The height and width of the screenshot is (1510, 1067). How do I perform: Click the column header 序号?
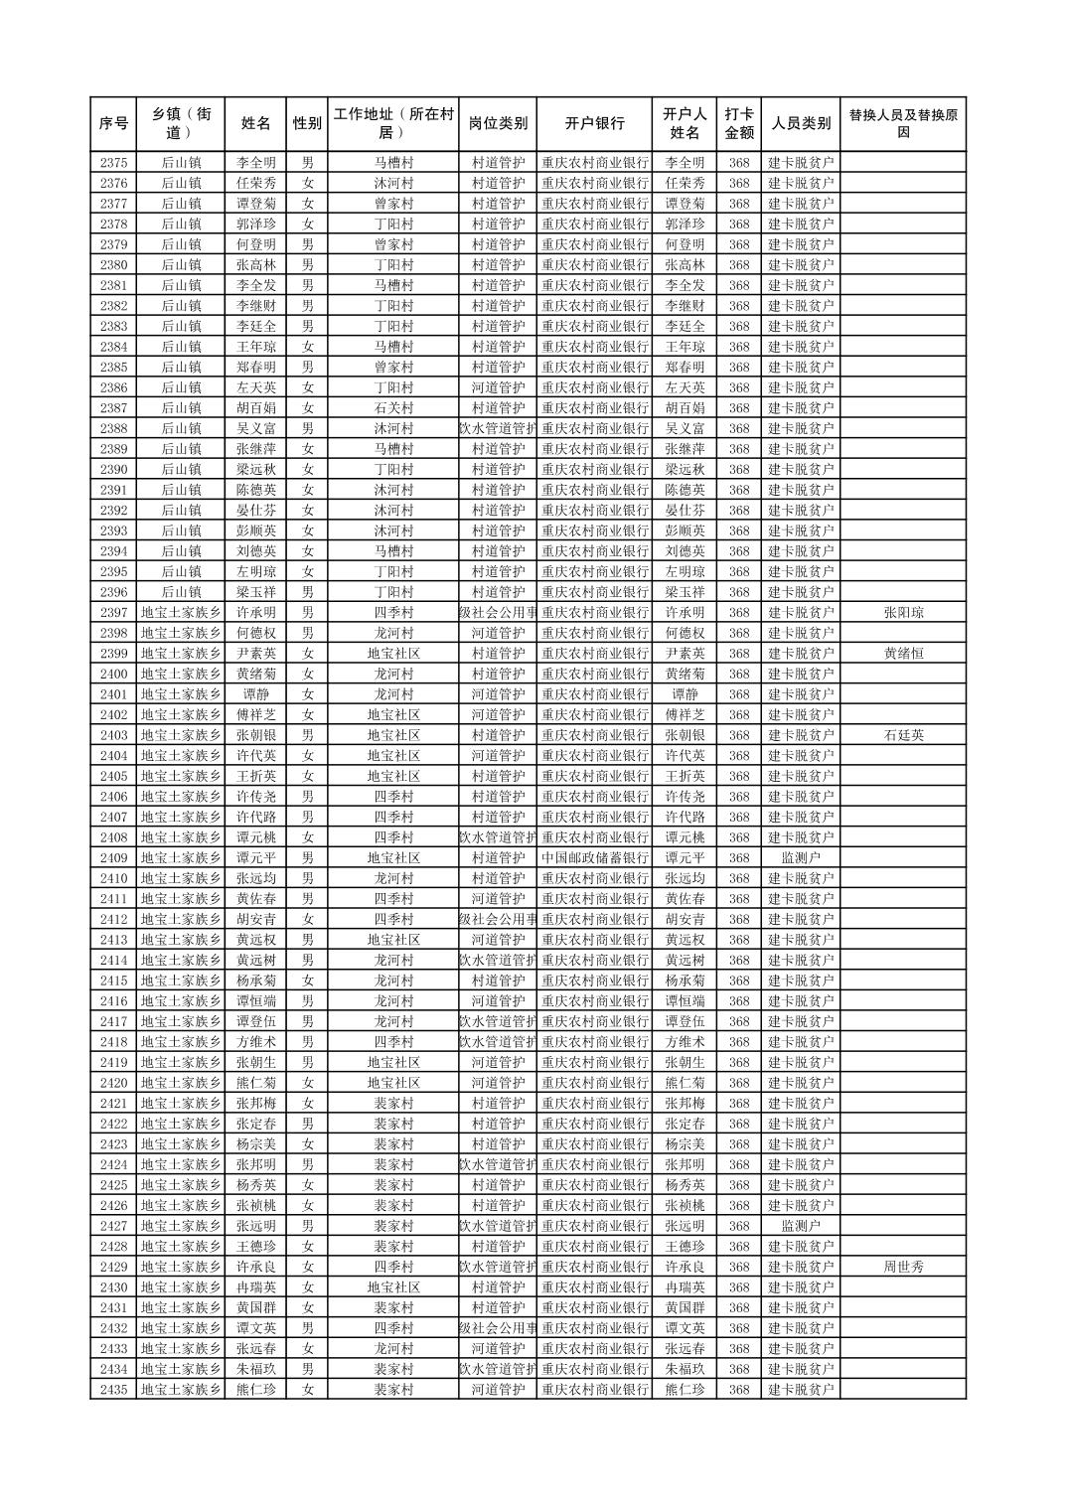point(113,124)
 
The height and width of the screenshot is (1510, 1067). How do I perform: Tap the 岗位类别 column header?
point(498,124)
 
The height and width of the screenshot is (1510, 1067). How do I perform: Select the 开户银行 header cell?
point(594,124)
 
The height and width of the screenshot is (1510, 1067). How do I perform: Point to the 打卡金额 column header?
point(738,124)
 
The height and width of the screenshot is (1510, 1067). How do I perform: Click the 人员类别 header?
point(801,124)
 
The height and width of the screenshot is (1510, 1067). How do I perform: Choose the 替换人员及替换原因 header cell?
point(902,124)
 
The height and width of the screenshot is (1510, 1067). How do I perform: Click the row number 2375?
point(113,163)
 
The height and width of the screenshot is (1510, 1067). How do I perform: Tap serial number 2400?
point(113,674)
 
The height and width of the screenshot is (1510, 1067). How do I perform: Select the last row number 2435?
point(113,1390)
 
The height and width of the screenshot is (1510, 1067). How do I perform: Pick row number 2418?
point(113,1042)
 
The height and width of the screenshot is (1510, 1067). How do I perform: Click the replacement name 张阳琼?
point(902,613)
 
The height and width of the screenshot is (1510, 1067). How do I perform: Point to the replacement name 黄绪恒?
point(902,654)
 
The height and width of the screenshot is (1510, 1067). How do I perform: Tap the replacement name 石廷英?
point(902,735)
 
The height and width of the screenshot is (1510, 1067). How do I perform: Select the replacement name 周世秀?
point(902,1267)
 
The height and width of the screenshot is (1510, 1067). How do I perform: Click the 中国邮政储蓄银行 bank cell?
point(594,858)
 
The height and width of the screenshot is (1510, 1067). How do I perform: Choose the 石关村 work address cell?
point(393,408)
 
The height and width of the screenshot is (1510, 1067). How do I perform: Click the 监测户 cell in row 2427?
point(801,1226)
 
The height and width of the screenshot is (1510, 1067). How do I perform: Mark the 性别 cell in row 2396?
point(307,592)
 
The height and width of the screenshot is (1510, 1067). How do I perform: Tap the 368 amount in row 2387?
point(738,408)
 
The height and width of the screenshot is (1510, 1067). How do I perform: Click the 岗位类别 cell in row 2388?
point(498,429)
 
